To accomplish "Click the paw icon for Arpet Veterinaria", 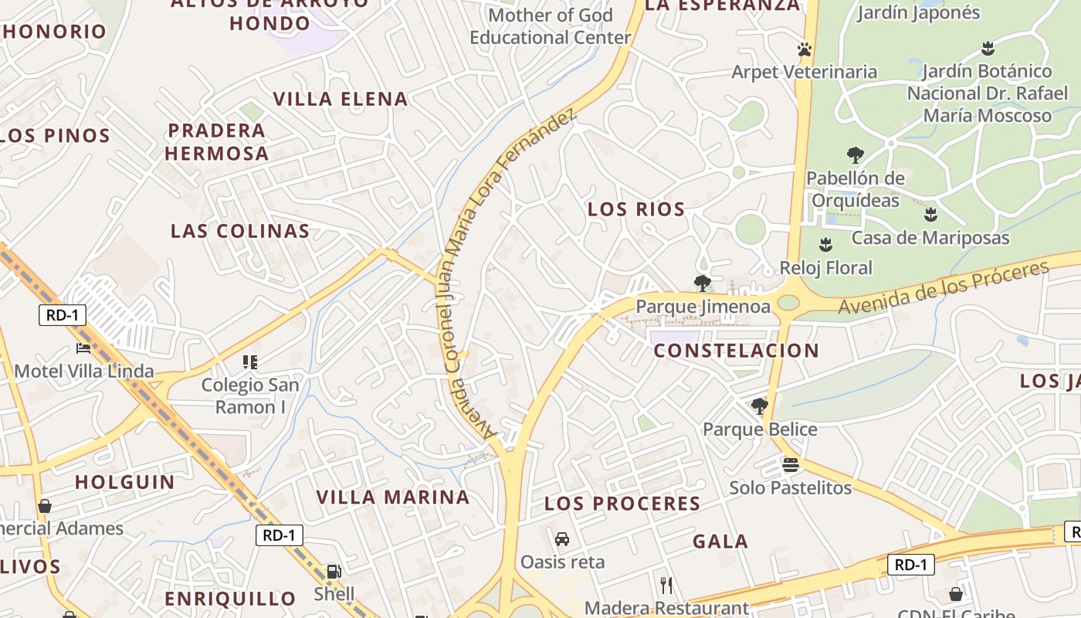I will pos(805,49).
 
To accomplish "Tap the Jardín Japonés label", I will pos(918,13).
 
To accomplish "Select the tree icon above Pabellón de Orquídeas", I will pos(855,155).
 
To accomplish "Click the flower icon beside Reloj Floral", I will pos(826,245).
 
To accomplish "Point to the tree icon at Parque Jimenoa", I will pos(702,284).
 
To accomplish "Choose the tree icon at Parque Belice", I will pos(760,406).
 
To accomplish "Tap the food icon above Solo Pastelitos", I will pos(790,465).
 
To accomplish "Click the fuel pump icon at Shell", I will pos(334,572).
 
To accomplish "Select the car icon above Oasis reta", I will pos(562,538).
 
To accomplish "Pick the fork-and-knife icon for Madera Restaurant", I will pos(666,585).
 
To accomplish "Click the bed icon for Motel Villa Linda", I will pos(83,348).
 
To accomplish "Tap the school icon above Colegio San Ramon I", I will pos(249,362).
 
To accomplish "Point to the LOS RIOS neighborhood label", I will pos(636,209).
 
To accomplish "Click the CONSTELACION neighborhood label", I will pos(737,351).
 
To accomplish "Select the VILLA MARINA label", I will pos(394,497).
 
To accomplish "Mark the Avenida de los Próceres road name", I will pos(944,287).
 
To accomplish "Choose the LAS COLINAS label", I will pos(240,231).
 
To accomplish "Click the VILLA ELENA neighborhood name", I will pos(341,99).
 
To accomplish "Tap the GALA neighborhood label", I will pos(720,542).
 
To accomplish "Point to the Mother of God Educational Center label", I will pos(551,26).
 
